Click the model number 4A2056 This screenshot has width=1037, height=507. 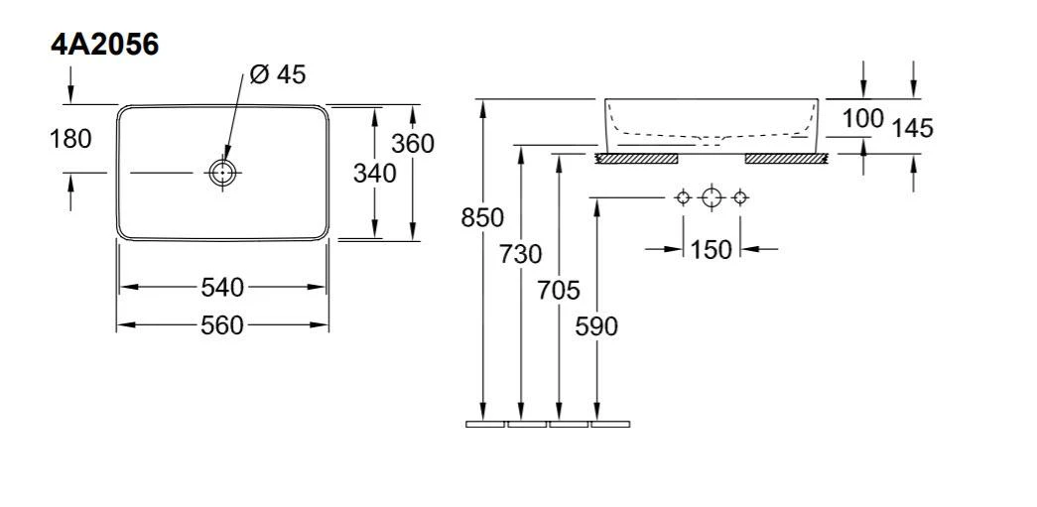pos(104,45)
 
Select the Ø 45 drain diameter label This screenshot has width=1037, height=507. pos(278,74)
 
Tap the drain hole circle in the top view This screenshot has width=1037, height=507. pos(223,173)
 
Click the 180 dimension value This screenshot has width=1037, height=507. pos(70,139)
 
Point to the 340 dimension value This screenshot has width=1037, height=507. pos(374,174)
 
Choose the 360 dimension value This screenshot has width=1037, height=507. pos(413,144)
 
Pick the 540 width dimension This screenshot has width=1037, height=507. pos(222,287)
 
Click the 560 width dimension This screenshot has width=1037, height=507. pos(222,325)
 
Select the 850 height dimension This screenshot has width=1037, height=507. pos(482,217)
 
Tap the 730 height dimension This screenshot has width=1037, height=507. pos(520,254)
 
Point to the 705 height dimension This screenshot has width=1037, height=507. pos(559,290)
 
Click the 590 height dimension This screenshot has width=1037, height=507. pos(596,325)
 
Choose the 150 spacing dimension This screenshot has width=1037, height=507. pos(711,250)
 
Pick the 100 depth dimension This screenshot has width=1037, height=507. pos(863,118)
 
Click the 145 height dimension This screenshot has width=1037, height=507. pos(912,128)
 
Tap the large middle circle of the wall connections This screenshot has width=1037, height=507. pos(711,197)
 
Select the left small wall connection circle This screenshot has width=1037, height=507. pos(683,197)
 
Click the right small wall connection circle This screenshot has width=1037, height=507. pos(740,197)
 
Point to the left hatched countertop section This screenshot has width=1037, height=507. pos(637,159)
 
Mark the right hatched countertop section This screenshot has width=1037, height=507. pos(786,159)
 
